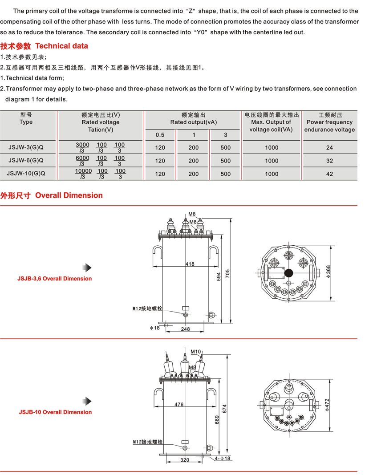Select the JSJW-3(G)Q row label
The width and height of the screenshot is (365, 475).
[26, 147]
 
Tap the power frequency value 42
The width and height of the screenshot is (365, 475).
[329, 174]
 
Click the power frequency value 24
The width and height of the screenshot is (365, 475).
[329, 147]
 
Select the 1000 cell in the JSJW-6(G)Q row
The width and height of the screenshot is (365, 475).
[272, 161]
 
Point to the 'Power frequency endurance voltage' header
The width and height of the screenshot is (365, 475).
[329, 122]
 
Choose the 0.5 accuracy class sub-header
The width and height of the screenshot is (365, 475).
[160, 135]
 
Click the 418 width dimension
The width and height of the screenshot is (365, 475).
[190, 264]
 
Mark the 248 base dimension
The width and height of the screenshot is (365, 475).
[186, 329]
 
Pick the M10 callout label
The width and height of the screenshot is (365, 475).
[196, 352]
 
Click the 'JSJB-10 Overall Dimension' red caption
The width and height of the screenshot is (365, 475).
[55, 412]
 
